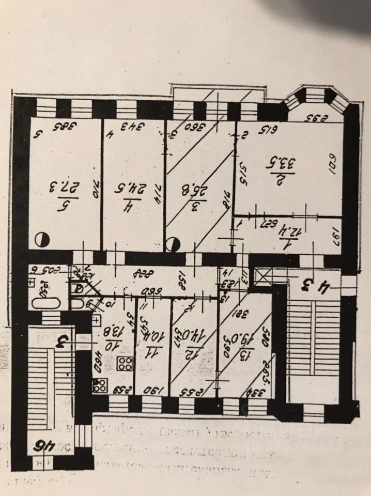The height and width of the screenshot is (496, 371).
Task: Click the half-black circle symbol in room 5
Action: click(x=41, y=240)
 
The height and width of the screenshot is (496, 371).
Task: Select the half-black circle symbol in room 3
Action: click(x=175, y=243)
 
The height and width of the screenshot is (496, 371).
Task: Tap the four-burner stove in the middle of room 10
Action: click(x=125, y=363)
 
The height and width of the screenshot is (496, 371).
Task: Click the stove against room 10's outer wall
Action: click(x=100, y=385)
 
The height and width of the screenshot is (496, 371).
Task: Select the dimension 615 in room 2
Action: click(x=268, y=129)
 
